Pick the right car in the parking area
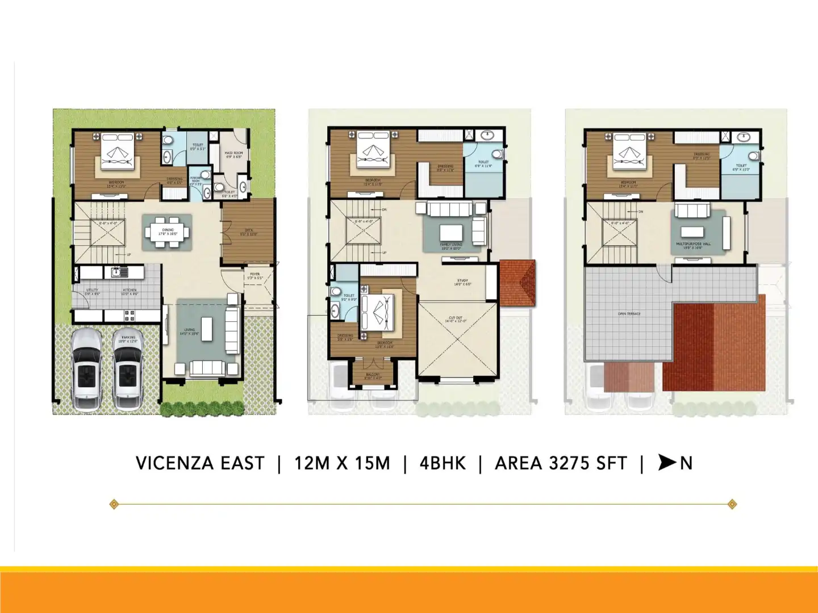(x=127, y=370)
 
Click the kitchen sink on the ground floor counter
(x=119, y=272)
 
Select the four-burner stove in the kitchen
(x=130, y=315)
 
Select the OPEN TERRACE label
(x=629, y=314)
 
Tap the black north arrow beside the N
(x=666, y=463)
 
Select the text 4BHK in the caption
(x=443, y=464)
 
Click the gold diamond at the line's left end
(x=114, y=504)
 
